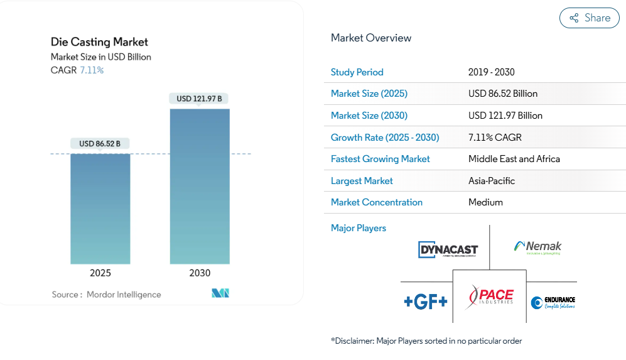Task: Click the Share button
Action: pos(589,18)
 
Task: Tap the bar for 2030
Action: pos(200,186)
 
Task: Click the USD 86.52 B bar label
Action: pos(100,144)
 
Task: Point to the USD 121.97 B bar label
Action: pos(199,99)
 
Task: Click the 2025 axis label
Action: pos(100,273)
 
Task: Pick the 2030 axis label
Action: pos(200,273)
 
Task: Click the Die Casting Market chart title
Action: pos(99,42)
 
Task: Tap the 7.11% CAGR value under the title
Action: pos(92,70)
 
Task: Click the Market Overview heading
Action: pos(371,38)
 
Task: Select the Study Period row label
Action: pos(357,72)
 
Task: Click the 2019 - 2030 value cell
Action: pos(491,72)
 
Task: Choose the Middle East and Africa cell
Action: pos(514,159)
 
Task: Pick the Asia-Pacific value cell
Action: pos(491,181)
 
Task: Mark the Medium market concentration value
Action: pos(485,202)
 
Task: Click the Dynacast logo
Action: pos(448,250)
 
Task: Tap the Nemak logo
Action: pos(537,248)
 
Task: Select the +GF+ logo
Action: pos(426,302)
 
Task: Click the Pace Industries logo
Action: pos(490,297)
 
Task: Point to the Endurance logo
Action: pos(553,303)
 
